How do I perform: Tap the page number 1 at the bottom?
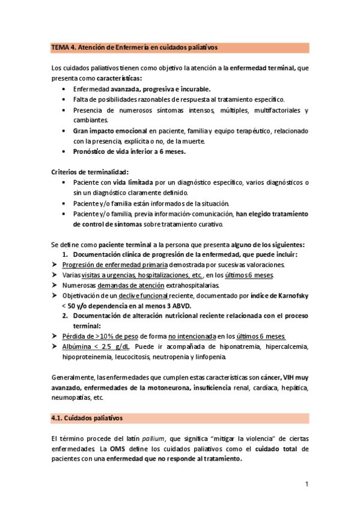[x=306, y=484]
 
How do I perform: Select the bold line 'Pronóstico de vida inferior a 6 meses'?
[x=129, y=151]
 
